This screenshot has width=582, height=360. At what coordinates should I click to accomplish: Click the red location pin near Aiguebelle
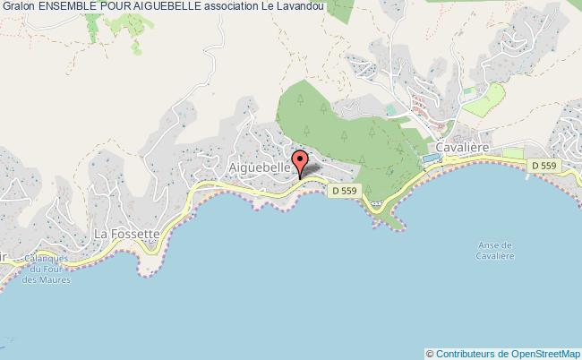(x=301, y=162)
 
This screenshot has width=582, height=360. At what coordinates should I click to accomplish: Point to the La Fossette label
(x=127, y=235)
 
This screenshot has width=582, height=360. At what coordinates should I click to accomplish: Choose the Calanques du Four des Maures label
(x=49, y=269)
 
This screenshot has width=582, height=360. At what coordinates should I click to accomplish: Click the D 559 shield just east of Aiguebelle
(x=343, y=190)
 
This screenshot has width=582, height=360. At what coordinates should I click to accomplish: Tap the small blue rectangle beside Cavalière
(x=431, y=158)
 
